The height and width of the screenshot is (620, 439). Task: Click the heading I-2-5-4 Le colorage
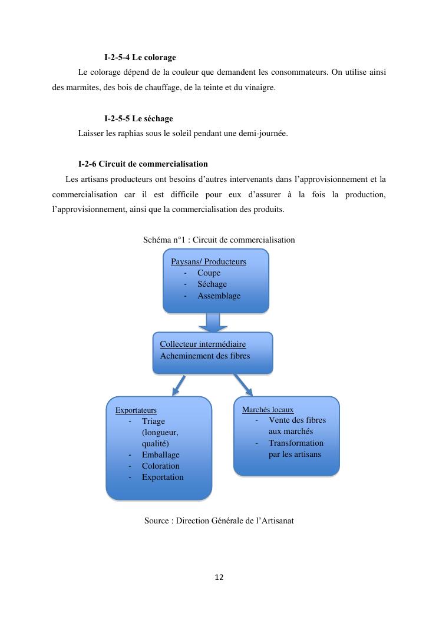pyautogui.click(x=140, y=58)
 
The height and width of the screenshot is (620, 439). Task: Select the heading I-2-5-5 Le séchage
pyautogui.click(x=138, y=119)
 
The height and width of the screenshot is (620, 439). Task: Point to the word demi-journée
pyautogui.click(x=263, y=133)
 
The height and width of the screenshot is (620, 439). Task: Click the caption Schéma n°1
pyautogui.click(x=219, y=240)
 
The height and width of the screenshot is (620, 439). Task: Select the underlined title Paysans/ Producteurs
pyautogui.click(x=208, y=261)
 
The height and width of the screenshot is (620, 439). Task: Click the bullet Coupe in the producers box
pyautogui.click(x=209, y=273)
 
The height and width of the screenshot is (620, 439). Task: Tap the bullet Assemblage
pyautogui.click(x=219, y=296)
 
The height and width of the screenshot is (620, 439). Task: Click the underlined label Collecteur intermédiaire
pyautogui.click(x=203, y=344)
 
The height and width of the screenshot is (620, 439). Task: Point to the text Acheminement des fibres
pyautogui.click(x=204, y=356)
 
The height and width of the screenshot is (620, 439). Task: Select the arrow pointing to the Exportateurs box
pyautogui.click(x=178, y=386)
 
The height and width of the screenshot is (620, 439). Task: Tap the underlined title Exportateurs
pyautogui.click(x=136, y=410)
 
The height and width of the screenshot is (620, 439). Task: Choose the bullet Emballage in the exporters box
pyautogui.click(x=160, y=455)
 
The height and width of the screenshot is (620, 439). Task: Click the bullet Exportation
pyautogui.click(x=163, y=477)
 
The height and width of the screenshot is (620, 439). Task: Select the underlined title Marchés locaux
pyautogui.click(x=268, y=409)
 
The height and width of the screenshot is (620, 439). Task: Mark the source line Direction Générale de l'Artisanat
pyautogui.click(x=219, y=520)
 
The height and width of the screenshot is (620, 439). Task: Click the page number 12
pyautogui.click(x=219, y=578)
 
